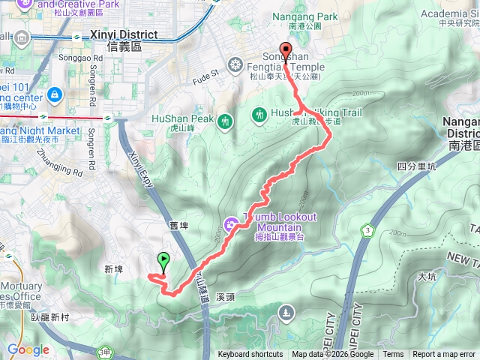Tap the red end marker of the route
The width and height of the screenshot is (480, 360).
(286, 50)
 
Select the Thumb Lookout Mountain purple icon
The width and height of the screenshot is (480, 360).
(230, 223)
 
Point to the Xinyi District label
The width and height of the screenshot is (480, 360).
(124, 35)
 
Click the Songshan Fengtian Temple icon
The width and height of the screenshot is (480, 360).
(236, 64)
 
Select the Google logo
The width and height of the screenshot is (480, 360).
(28, 349)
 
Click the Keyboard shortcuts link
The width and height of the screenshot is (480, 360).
(250, 355)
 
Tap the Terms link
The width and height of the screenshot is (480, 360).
(393, 355)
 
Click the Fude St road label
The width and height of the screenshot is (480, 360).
(204, 73)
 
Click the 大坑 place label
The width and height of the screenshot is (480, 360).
(427, 277)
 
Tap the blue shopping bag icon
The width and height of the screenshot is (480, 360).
(54, 94)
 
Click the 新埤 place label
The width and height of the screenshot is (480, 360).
(113, 268)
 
